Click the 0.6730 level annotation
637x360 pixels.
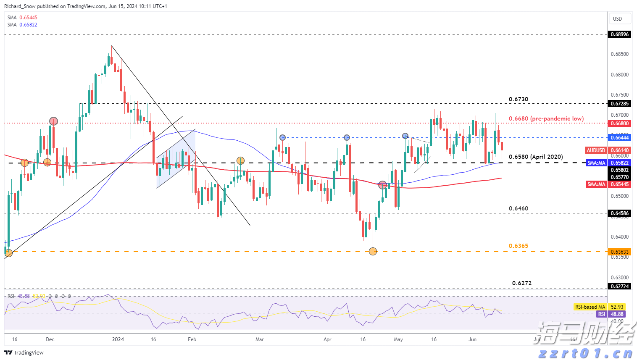click(518, 100)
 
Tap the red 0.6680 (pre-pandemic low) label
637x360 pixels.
click(546, 119)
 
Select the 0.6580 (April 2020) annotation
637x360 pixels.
click(535, 157)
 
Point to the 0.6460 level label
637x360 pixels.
click(518, 209)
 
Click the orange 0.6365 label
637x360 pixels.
click(518, 246)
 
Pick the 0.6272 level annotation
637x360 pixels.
click(521, 284)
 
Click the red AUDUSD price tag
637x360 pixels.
click(596, 150)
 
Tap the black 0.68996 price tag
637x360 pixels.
click(619, 34)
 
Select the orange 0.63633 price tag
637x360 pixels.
click(619, 252)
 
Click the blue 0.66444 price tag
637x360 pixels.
click(619, 138)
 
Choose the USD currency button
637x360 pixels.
click(617, 19)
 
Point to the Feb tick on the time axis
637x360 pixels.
click(192, 339)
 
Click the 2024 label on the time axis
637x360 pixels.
click(118, 339)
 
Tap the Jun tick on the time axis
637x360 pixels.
click(472, 339)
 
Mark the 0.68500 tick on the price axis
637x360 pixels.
click(619, 54)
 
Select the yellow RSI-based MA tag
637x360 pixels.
click(599, 307)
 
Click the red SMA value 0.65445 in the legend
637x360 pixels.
click(28, 18)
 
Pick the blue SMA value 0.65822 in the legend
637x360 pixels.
click(28, 25)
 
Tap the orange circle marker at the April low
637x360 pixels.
click(373, 251)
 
